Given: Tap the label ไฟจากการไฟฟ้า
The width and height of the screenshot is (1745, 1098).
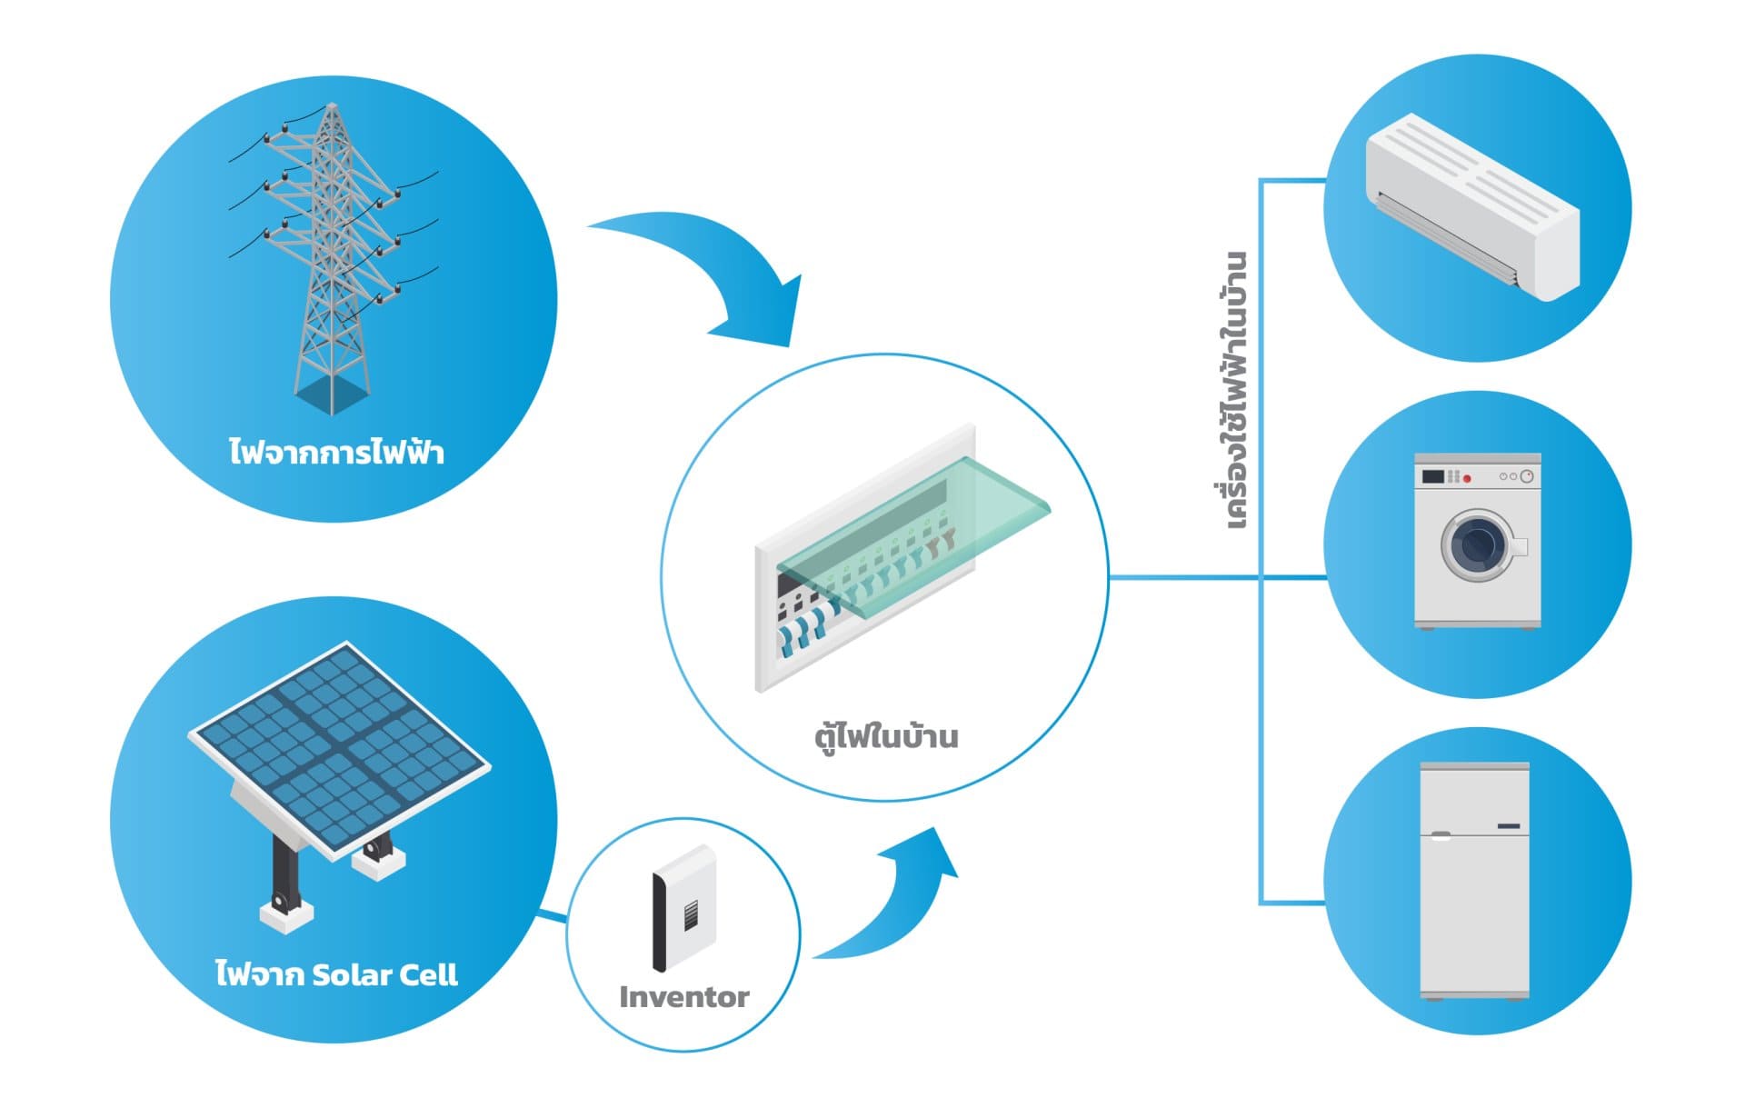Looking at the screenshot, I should coord(336,452).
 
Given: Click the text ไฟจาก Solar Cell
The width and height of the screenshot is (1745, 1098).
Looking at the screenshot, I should coord(336,974).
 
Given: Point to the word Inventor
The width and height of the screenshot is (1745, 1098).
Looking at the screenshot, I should coord(683,997).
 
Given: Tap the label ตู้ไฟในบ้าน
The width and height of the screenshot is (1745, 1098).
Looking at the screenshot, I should coord(886,735).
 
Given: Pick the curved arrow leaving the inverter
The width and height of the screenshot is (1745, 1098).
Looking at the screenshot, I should coord(895,900).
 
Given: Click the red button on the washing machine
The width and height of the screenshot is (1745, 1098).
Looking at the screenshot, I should coord(1466,478).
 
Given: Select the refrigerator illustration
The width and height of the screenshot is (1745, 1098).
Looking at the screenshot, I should coord(1474,882).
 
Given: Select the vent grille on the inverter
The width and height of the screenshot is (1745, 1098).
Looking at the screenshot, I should coord(692,913).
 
